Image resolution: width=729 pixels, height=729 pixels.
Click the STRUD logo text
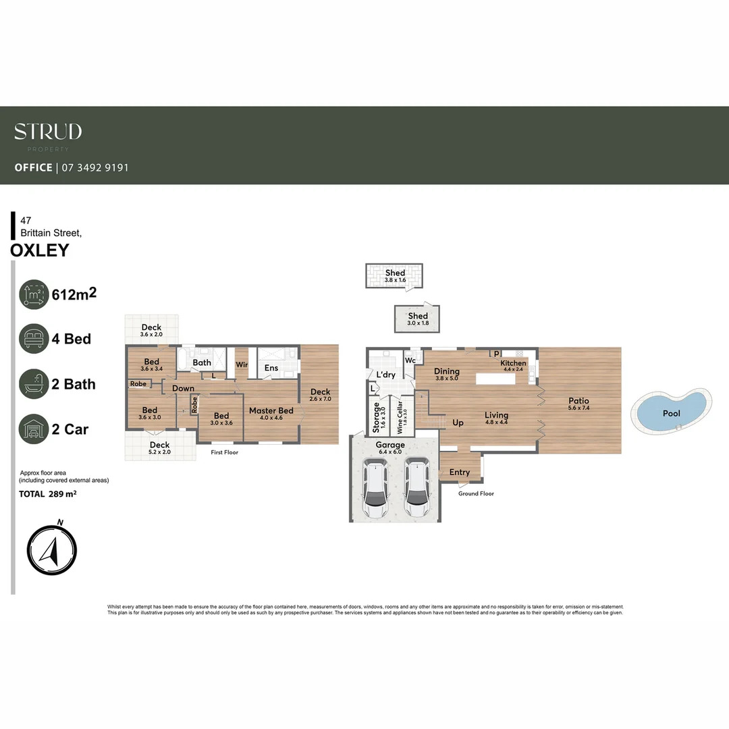click(48, 132)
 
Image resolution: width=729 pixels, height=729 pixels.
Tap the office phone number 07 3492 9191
click(94, 167)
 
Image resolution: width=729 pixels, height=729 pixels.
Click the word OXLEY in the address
click(40, 250)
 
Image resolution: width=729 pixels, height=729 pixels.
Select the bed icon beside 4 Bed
click(34, 338)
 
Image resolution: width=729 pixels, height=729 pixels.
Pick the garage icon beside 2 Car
click(34, 429)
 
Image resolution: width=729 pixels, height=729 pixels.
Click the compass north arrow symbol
click(52, 550)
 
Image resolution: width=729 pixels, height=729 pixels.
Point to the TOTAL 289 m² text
click(47, 494)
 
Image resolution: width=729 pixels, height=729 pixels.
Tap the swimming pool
click(671, 413)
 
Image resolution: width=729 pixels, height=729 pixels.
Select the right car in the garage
click(416, 487)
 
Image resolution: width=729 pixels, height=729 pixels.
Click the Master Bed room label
click(271, 411)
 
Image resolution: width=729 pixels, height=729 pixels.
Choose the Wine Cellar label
click(400, 418)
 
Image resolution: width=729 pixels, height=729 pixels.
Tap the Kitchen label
click(513, 363)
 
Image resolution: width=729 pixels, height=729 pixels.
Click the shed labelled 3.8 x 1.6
click(395, 276)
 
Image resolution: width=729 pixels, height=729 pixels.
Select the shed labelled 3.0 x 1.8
click(418, 319)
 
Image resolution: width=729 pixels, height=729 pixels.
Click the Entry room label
click(459, 473)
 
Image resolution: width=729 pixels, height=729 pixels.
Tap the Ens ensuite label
click(271, 368)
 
